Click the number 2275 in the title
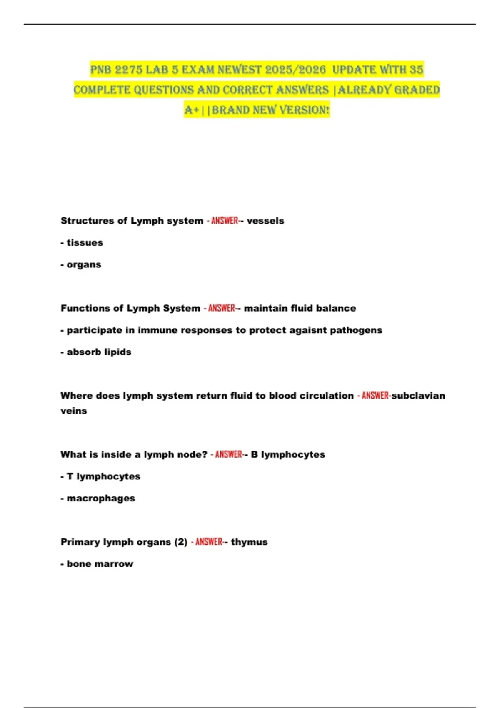pos(128,70)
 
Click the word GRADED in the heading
pos(417,90)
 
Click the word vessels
pos(265,221)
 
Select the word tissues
pos(85,243)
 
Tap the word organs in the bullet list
pos(84,265)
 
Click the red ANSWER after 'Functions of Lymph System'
pos(222,308)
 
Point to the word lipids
pos(118,352)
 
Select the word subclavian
pos(418,396)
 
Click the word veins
pos(74,411)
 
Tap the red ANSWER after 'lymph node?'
pos(229,454)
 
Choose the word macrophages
pos(101,499)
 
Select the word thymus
pos(249,542)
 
